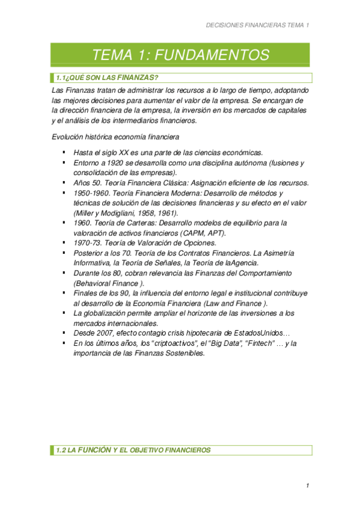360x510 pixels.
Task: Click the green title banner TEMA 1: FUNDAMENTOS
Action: coord(180,55)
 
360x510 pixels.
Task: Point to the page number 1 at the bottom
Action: coord(307,485)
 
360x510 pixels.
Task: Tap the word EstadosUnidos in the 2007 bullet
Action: coord(256,333)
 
